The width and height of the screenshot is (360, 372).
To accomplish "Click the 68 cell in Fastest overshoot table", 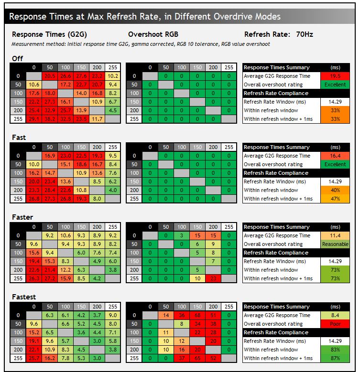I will pos(197,315).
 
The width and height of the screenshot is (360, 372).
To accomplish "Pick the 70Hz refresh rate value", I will pos(305,34).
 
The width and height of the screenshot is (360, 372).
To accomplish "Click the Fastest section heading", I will pos(24,297).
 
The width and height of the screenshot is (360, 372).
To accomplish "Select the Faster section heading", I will pos(22,217).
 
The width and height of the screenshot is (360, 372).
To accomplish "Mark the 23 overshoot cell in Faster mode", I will pos(213,278).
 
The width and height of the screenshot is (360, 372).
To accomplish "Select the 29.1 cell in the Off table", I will pos(33,119).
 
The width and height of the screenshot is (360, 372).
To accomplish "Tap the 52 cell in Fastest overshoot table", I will pos(213,358).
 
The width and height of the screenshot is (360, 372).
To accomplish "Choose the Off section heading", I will pos(17,58).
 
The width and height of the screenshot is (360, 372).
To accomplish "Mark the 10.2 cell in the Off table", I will pos(113,76).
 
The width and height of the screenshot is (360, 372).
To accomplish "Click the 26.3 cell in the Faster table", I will pos(33,278).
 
